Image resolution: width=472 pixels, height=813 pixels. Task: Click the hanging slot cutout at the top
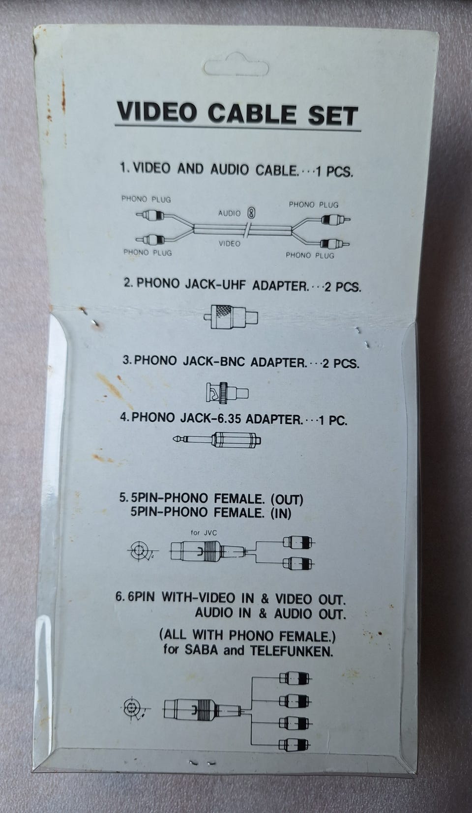(x=236, y=67)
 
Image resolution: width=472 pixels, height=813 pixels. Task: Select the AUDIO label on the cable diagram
(x=229, y=213)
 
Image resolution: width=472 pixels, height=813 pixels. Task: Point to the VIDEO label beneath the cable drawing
(x=229, y=243)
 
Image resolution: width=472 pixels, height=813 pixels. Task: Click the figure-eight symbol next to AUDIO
(x=251, y=213)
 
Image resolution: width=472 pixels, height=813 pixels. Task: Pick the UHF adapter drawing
(x=231, y=317)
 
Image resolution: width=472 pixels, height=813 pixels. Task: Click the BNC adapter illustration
(x=227, y=392)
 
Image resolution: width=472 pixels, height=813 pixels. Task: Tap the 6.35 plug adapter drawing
(x=217, y=439)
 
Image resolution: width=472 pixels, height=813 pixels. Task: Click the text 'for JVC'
(x=204, y=533)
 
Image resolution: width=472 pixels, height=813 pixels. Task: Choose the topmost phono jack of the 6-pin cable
(x=295, y=678)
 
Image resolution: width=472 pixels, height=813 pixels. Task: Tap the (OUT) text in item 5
(x=287, y=500)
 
